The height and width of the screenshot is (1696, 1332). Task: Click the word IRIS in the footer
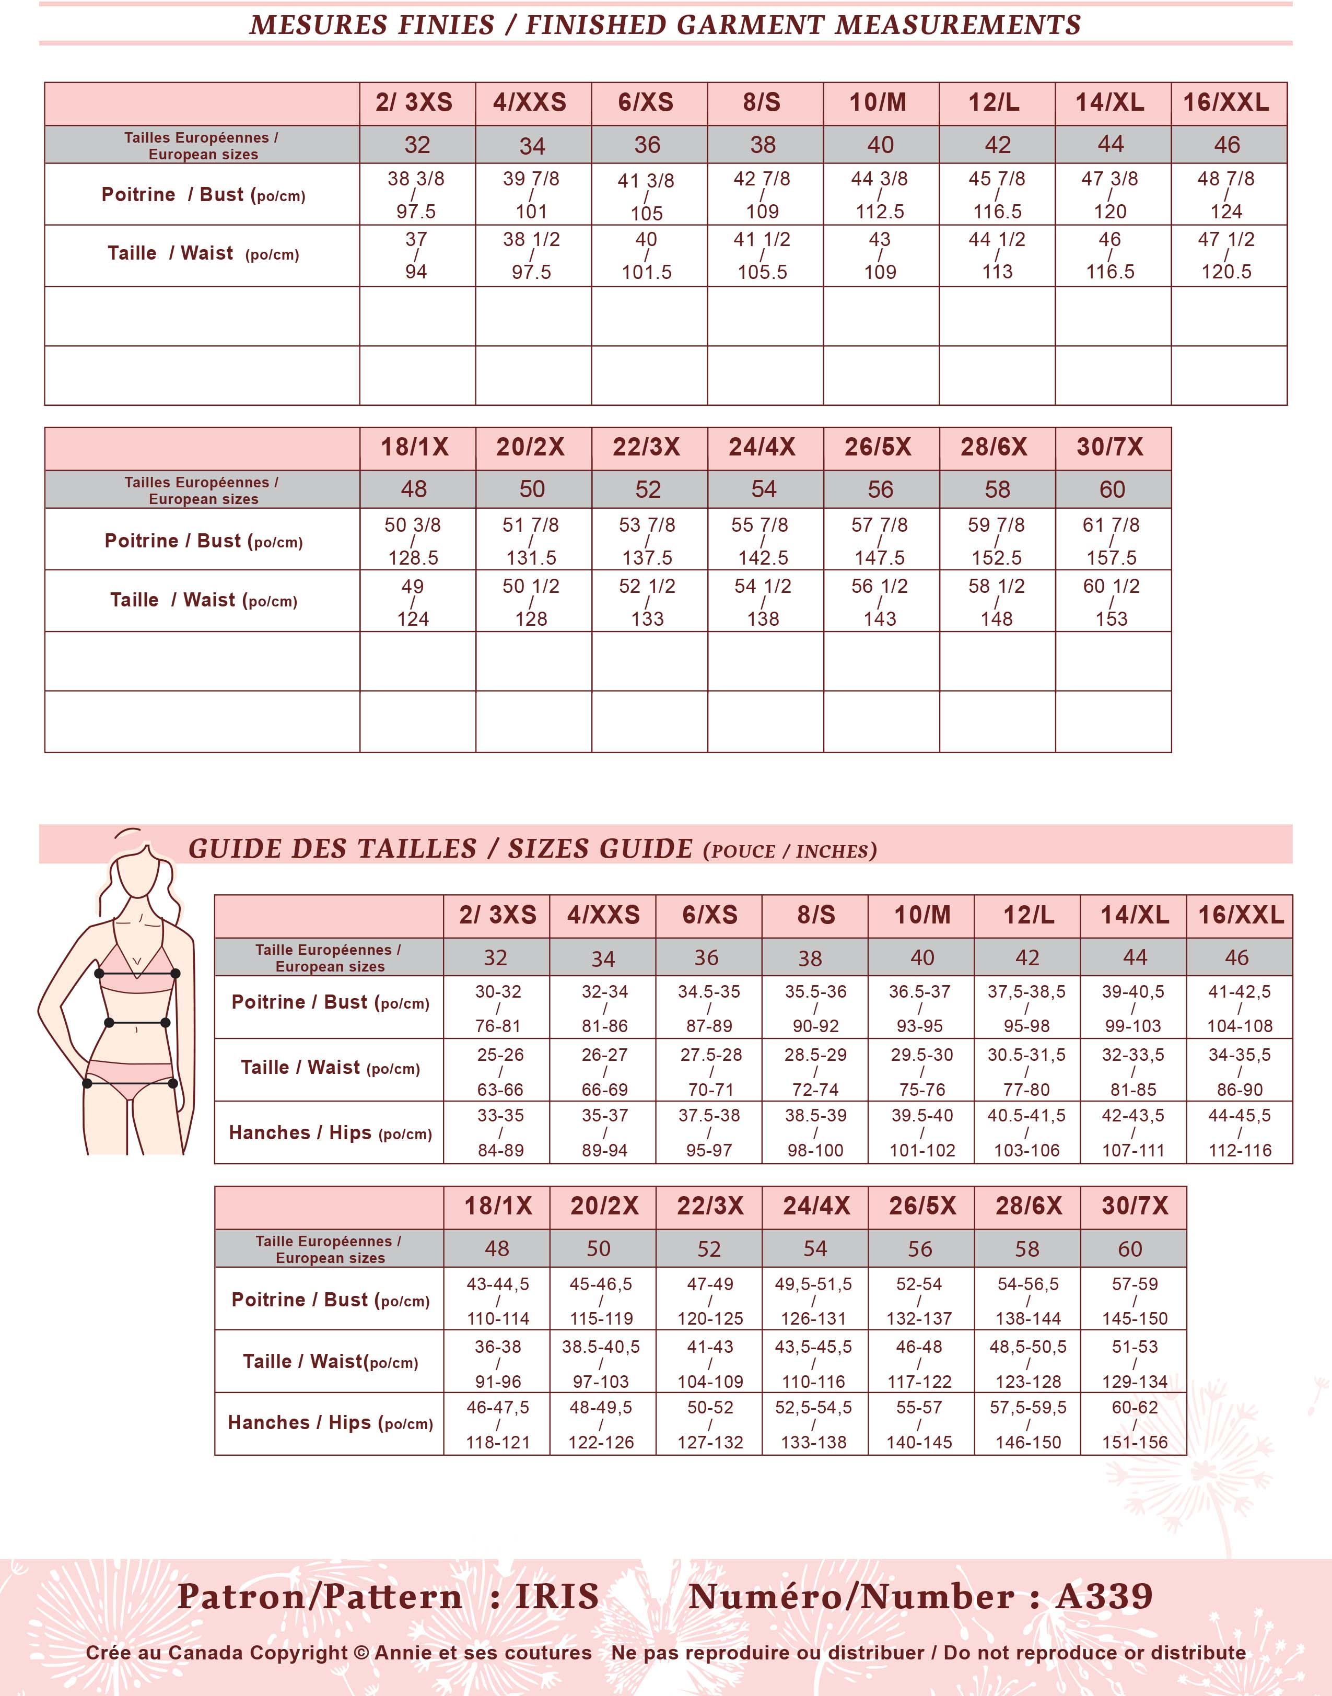coord(557,1596)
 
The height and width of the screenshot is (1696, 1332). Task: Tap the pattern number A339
coord(1104,1596)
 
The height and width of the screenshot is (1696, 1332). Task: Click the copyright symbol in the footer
coord(360,1652)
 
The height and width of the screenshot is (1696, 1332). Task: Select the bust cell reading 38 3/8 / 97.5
coord(416,195)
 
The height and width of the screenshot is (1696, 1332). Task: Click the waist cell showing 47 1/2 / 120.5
coord(1226,256)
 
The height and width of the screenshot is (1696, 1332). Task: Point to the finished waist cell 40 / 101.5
coord(647,256)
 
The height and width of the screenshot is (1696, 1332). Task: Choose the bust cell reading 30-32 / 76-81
coord(498,1008)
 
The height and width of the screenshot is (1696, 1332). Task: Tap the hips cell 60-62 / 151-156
coord(1135,1424)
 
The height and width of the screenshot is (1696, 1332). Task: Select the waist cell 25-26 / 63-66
coord(500,1071)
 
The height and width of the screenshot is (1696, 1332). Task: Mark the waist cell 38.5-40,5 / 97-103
coord(601,1363)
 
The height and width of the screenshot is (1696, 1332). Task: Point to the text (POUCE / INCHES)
coord(790,851)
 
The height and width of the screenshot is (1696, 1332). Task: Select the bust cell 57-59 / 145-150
coord(1135,1301)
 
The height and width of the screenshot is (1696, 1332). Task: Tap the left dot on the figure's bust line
coord(100,973)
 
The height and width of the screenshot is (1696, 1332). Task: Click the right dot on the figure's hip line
coord(173,1083)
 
